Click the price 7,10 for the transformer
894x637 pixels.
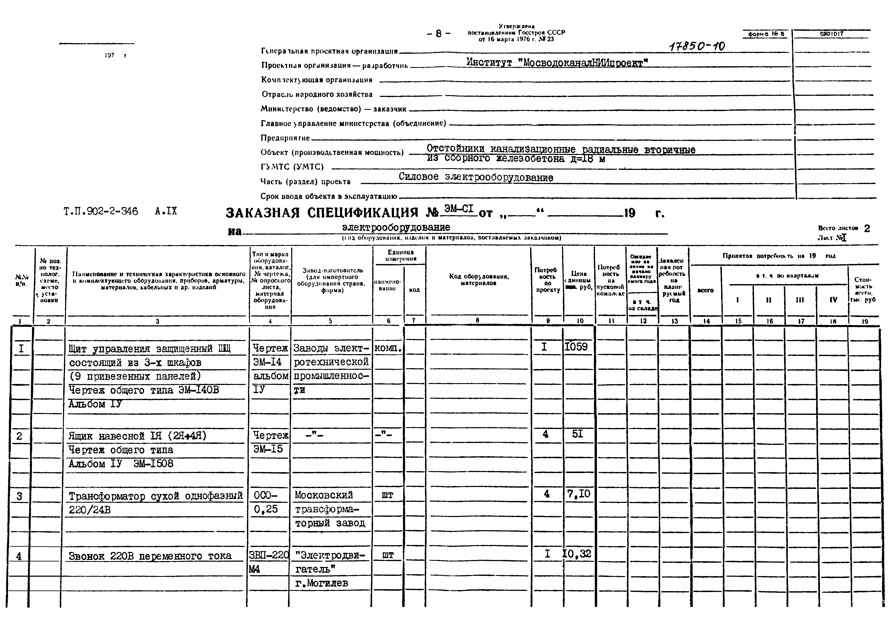(579, 494)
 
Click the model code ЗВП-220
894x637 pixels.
(269, 555)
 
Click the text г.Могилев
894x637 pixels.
(321, 583)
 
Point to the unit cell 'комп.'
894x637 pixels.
(388, 348)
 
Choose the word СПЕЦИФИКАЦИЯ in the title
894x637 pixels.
(363, 213)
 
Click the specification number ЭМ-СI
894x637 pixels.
(459, 209)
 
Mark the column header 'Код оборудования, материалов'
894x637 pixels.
(479, 280)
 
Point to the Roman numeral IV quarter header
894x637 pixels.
(833, 300)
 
